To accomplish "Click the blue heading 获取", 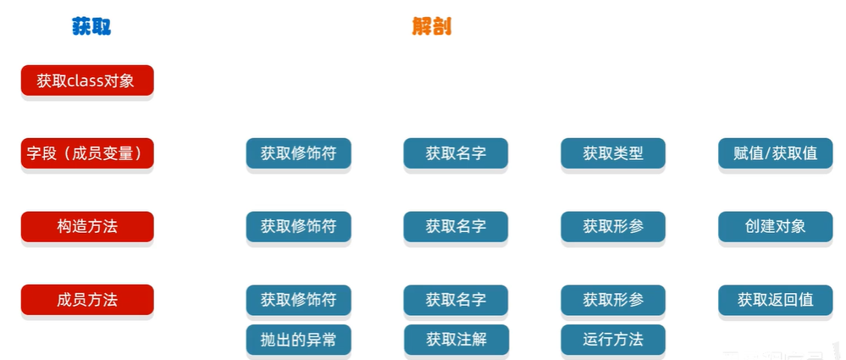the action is tap(91, 27).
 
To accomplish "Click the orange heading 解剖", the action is tap(432, 27).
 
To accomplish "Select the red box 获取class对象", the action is tap(87, 81).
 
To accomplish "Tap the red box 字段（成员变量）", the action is tap(87, 153).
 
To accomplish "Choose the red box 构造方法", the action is tap(87, 226).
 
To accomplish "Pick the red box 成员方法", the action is tap(87, 299).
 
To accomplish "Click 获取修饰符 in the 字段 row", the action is tap(298, 153).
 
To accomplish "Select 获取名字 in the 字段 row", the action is tap(456, 153).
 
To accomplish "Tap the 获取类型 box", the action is tap(613, 153).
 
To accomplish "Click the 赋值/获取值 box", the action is tap(775, 153).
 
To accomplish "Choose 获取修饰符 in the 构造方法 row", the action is tap(298, 226).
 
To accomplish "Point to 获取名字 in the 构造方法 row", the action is tap(456, 226).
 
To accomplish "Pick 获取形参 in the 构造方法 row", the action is tap(613, 226).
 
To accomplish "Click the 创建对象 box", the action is tap(775, 226).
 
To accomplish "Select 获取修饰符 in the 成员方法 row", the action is tap(298, 300).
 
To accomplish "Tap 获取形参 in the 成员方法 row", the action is tap(613, 300).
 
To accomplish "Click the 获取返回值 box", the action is tap(775, 300).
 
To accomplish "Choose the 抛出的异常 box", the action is tap(298, 339).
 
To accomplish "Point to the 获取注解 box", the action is tap(456, 339).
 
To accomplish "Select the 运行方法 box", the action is tap(613, 339).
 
